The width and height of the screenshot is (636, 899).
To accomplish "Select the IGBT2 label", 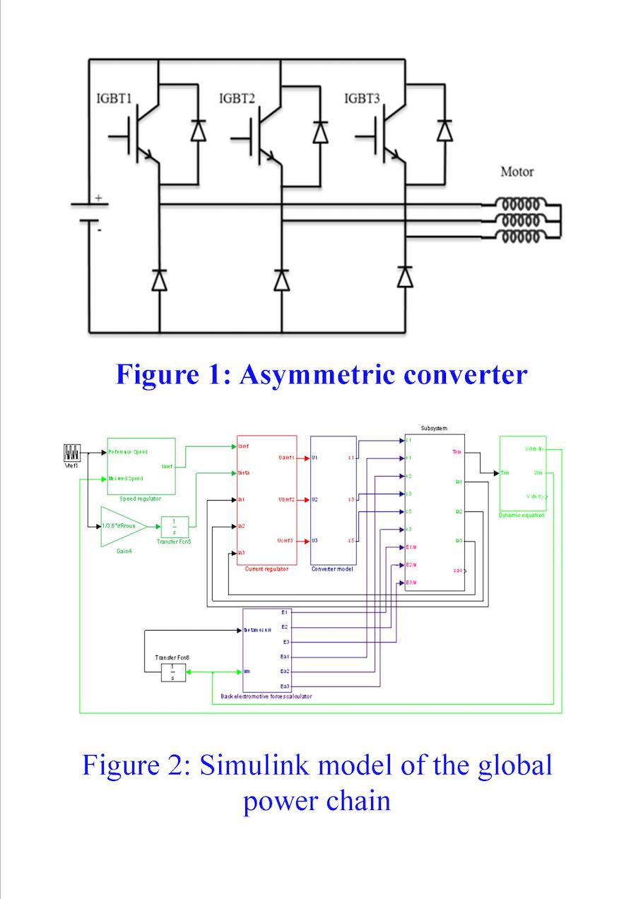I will click(237, 98).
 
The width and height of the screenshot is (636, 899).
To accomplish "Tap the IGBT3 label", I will click(362, 98).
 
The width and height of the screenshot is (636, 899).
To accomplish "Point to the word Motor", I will click(517, 172).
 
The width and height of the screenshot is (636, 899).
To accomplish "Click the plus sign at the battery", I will click(98, 198).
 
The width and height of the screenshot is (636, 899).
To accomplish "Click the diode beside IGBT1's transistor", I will click(199, 131).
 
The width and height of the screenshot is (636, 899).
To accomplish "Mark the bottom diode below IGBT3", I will click(404, 278).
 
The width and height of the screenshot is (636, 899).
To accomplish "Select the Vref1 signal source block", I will click(73, 452).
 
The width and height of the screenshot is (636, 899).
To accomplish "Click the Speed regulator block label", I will click(141, 499).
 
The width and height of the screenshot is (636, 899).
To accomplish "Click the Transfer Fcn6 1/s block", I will click(172, 672).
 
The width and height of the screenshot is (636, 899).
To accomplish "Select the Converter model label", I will click(333, 568).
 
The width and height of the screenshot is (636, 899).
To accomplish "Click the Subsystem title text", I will click(435, 429).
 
